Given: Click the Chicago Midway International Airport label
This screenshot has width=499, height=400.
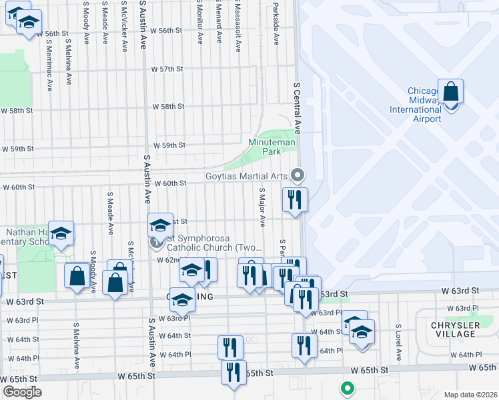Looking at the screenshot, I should [x=424, y=105].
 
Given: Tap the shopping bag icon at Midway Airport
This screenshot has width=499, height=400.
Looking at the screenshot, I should [x=450, y=92].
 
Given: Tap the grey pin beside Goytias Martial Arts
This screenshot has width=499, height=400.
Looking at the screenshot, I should [x=298, y=175].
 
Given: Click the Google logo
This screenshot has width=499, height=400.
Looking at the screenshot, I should [x=22, y=391].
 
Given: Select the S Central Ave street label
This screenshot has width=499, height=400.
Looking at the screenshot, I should [x=298, y=108].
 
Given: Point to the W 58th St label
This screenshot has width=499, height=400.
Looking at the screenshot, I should [x=168, y=106].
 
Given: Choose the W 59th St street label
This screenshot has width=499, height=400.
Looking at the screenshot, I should [x=169, y=145].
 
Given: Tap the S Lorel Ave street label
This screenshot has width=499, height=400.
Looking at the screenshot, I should [x=398, y=346].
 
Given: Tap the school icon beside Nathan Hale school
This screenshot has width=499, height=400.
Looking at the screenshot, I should [x=61, y=234].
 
